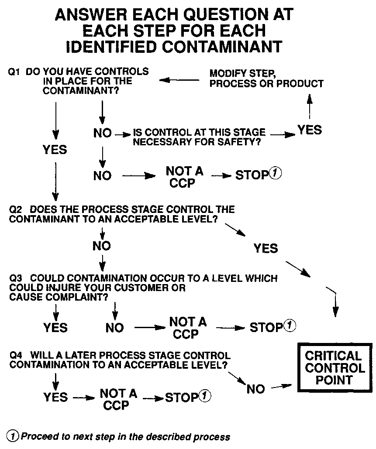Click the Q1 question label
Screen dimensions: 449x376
pos(14,72)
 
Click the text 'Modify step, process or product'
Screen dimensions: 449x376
pos(266,78)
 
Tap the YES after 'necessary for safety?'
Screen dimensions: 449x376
pos(310,130)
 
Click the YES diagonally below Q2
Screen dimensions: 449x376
pos(266,248)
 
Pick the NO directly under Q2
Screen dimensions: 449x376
pos(102,246)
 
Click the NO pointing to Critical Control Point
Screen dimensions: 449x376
pos(255,389)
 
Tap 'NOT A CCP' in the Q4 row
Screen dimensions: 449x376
pos(118,399)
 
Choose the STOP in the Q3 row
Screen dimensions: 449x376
pos(266,327)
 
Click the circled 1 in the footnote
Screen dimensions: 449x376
pos(13,436)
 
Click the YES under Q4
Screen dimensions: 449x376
pos(55,397)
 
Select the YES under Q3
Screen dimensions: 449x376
pos(55,327)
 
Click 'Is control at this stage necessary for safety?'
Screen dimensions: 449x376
pos(199,137)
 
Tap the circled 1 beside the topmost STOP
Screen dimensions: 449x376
pos(275,174)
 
